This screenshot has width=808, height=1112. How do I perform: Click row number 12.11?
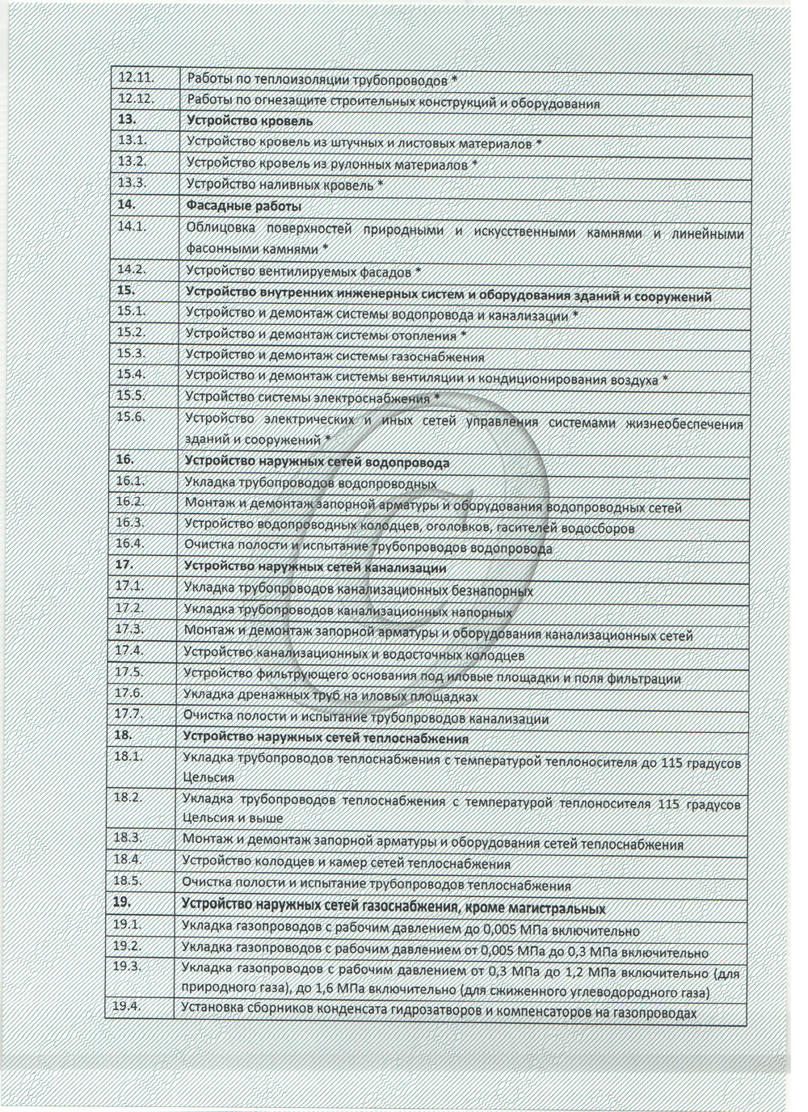(135, 78)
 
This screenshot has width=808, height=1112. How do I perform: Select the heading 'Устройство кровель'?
(249, 121)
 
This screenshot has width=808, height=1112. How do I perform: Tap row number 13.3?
(131, 183)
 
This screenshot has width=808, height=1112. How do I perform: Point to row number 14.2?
(131, 269)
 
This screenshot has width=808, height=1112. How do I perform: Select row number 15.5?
(130, 395)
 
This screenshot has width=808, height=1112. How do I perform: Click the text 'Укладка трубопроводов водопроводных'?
(311, 484)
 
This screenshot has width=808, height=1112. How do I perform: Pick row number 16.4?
(129, 544)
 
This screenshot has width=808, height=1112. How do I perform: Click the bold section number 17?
(125, 564)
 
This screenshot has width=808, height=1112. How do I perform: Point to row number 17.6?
(128, 693)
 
